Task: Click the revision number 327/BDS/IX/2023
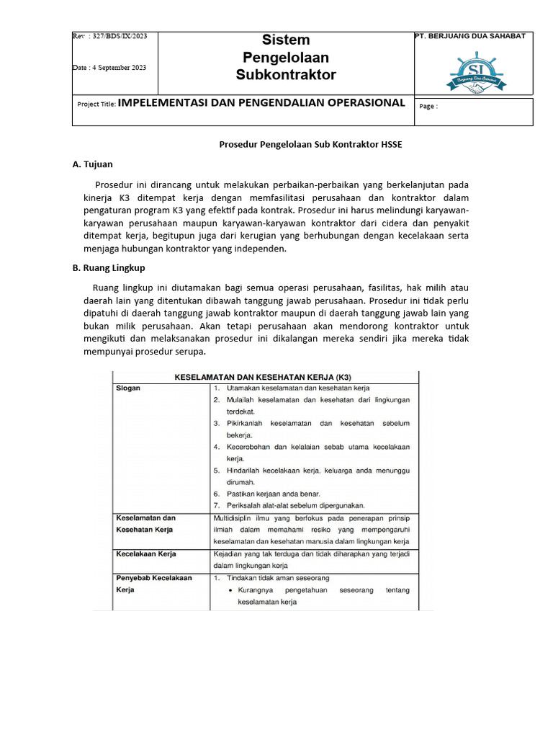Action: tap(115, 37)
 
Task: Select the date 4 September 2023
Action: tap(109, 68)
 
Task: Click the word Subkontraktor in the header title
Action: tap(286, 75)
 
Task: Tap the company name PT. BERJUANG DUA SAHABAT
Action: tap(470, 36)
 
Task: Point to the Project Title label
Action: tap(96, 104)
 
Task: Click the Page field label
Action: tap(428, 106)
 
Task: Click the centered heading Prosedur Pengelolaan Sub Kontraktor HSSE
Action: tap(310, 144)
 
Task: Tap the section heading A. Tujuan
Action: tap(93, 164)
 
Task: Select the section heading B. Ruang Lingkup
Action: tap(109, 267)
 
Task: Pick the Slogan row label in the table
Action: tap(128, 388)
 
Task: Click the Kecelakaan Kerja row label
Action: tap(146, 553)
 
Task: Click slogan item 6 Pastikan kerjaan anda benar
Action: tap(273, 494)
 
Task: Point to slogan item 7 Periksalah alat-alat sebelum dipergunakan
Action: tap(295, 505)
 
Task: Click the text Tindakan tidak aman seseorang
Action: tap(278, 578)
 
